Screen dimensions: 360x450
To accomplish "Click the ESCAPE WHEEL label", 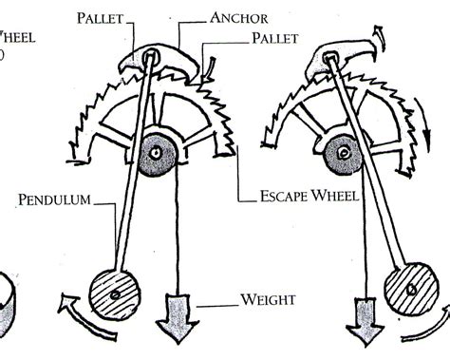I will tap(307, 199).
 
